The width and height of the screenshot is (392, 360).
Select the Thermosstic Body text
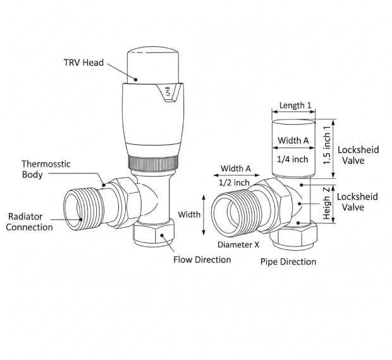(46, 169)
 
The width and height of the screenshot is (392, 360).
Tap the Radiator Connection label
(29, 221)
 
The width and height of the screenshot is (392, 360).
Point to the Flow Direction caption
(202, 259)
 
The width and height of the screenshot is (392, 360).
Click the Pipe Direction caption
(288, 261)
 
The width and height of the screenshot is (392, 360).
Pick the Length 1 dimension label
(295, 106)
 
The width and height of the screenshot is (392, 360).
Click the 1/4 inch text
(293, 159)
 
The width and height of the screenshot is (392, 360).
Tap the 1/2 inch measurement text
(233, 182)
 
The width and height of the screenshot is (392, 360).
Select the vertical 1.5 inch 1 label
(327, 144)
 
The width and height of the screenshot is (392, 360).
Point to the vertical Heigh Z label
(326, 203)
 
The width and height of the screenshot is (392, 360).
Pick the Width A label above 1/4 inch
(293, 140)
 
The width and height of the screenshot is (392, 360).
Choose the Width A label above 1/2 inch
(235, 168)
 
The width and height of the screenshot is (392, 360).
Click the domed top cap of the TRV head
(155, 64)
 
